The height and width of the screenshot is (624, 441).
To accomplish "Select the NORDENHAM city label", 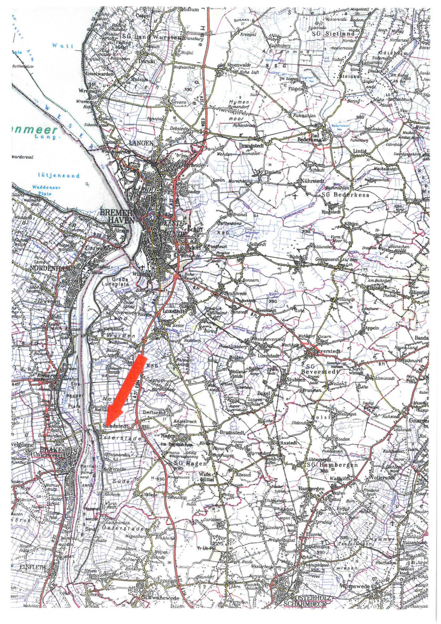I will (x=49, y=269).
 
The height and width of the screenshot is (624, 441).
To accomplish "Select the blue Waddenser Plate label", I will (x=46, y=190).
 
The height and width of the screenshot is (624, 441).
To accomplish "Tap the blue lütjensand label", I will (x=59, y=176).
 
